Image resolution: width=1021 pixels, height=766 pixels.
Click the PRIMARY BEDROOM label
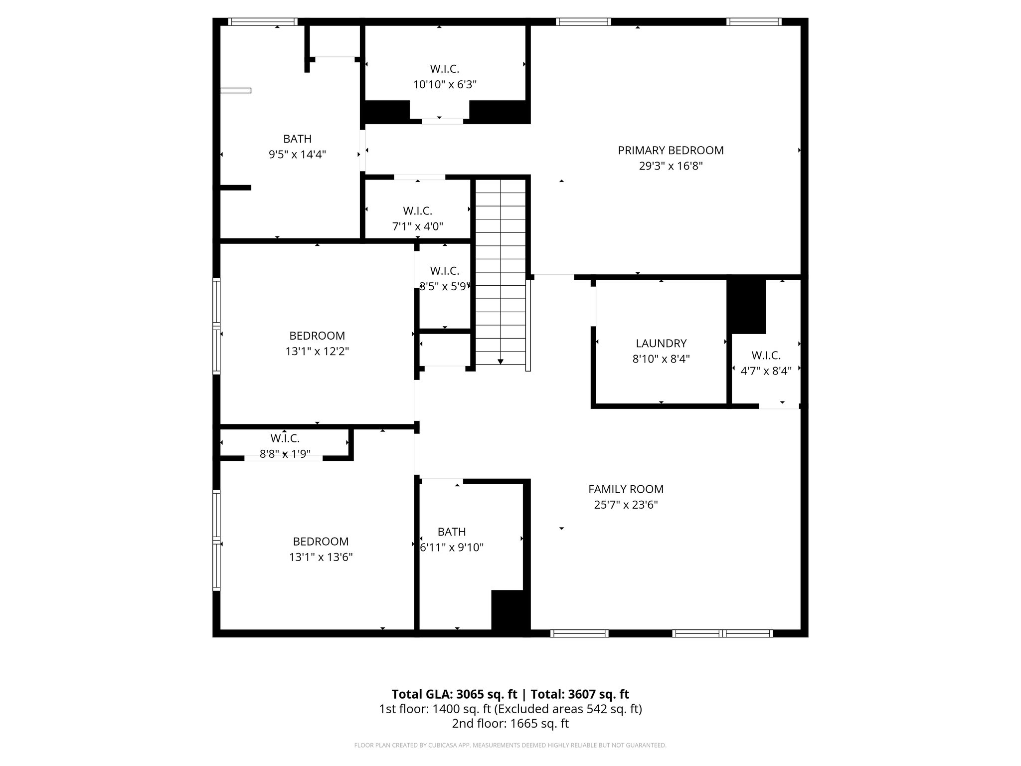tap(671, 150)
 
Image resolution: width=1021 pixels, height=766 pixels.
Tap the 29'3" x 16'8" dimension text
tap(671, 166)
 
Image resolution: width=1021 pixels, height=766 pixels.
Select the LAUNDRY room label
tap(661, 343)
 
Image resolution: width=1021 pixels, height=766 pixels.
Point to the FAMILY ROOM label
tap(626, 489)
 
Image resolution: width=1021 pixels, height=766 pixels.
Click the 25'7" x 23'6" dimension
tap(626, 505)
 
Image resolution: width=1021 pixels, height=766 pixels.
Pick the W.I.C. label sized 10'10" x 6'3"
tap(444, 69)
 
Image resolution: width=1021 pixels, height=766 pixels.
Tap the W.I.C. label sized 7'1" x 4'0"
tap(417, 211)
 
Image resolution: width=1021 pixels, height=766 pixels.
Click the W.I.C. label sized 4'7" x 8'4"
tap(766, 356)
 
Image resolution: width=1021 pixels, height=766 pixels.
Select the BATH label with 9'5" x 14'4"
tap(297, 139)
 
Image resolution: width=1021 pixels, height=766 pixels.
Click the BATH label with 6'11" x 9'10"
tap(452, 532)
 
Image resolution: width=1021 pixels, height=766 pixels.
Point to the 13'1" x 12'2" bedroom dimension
tap(317, 351)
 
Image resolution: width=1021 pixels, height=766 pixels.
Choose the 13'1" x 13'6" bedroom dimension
tap(321, 557)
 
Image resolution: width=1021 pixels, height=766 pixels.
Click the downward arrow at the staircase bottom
tap(501, 362)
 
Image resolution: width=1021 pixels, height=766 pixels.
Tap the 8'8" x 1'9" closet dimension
tap(285, 454)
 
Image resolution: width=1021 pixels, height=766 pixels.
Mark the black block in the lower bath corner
tap(510, 610)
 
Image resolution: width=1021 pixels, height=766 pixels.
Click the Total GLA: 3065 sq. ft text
tap(455, 694)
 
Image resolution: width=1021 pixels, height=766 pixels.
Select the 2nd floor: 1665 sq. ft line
tap(510, 724)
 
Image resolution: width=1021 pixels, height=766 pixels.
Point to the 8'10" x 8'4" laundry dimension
tap(661, 359)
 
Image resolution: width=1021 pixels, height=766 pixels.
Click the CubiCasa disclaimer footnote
tap(510, 746)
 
